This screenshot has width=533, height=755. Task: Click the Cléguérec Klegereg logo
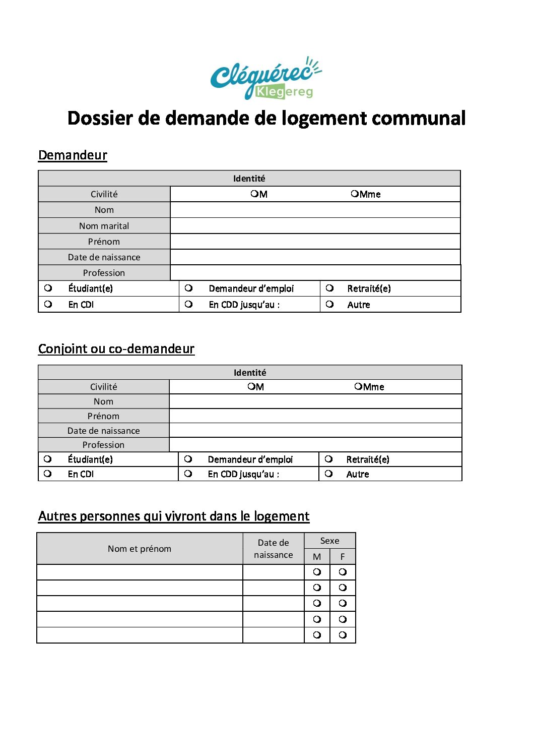point(265,78)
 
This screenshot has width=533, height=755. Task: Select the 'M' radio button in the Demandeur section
point(254,194)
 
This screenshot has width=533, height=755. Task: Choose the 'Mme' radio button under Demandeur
point(355,194)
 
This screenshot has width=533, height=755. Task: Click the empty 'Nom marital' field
point(315,225)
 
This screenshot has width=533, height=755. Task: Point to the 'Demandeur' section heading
point(73,155)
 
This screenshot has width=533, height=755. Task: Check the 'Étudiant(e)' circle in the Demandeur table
point(48,288)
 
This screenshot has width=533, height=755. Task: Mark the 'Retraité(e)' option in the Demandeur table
point(329,288)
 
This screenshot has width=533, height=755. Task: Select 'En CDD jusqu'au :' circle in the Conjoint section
point(188,474)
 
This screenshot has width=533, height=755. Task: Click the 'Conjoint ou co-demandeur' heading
point(116,349)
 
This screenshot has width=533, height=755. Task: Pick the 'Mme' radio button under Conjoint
point(358,386)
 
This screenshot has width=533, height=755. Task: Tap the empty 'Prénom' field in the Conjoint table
point(315,416)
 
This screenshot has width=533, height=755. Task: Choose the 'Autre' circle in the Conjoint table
point(328,474)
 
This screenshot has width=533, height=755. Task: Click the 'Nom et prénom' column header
point(140,549)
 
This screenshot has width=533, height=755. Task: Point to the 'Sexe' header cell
point(329,541)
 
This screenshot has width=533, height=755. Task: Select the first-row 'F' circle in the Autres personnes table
point(343,572)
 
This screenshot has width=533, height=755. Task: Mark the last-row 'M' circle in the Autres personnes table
point(317,635)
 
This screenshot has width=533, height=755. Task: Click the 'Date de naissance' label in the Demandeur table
point(104,257)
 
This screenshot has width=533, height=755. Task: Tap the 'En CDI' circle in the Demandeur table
point(48,304)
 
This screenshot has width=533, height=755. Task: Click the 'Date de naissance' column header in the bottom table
point(273,549)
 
